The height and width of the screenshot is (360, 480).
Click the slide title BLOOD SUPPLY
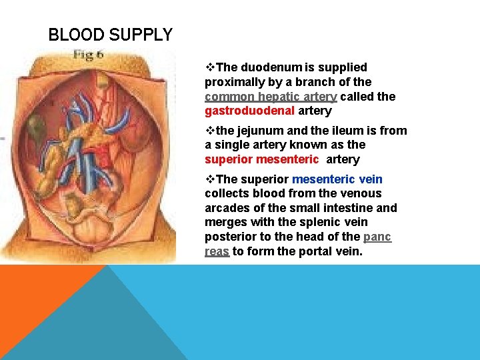pos(111,35)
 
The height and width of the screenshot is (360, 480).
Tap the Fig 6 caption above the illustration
pos(88,55)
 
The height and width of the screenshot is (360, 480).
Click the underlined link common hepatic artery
pos(271,96)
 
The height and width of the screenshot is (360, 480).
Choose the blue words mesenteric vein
pos(337,179)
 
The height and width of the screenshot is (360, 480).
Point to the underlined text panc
pos(377,237)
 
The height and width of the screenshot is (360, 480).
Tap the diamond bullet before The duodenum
pos(210,67)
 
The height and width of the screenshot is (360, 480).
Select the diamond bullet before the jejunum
pos(210,131)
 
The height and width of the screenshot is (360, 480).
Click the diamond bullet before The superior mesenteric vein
pos(210,179)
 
